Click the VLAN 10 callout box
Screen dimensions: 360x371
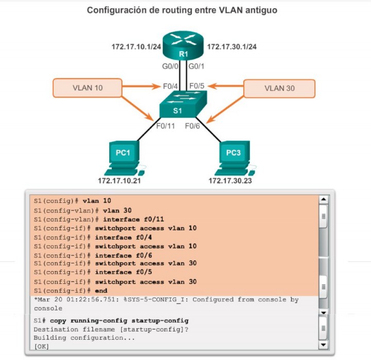88,88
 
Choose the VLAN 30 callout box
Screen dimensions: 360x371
279,88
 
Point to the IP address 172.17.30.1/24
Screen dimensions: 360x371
232,47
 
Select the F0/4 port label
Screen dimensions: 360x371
171,85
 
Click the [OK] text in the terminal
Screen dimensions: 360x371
41,346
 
